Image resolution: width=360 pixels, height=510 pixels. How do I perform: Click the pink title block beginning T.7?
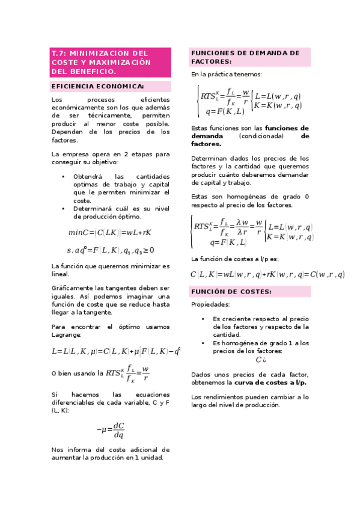(111, 63)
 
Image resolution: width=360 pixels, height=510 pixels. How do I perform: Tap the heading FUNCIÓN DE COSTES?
(231, 292)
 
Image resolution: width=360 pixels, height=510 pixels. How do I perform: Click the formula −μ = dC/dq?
(111, 430)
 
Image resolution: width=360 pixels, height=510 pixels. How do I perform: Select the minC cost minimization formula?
(110, 232)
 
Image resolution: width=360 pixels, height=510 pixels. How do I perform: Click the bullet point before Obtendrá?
(64, 176)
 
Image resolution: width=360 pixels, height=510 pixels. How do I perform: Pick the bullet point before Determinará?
(64, 208)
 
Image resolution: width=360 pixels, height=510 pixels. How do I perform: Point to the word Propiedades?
(210, 305)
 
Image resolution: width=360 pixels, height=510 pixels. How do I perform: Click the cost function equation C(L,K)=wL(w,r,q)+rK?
(267, 274)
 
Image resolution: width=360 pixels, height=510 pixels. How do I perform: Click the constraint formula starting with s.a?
(111, 250)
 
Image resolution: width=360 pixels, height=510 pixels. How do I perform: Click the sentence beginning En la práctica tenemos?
(226, 75)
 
